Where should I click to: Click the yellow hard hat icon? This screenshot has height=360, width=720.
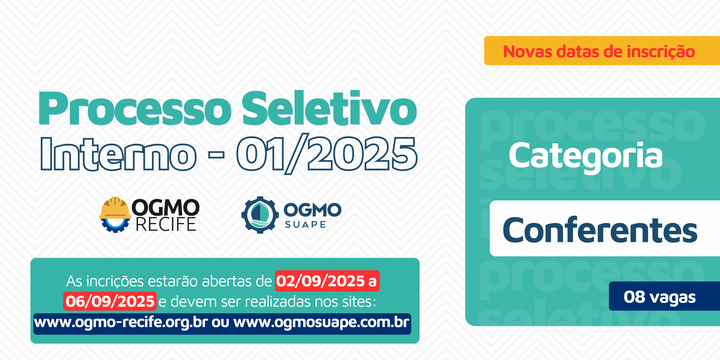115,208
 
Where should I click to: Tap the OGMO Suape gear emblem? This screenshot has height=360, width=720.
260,215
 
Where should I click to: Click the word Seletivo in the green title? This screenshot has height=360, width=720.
329,108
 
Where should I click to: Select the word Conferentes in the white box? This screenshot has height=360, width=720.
600,230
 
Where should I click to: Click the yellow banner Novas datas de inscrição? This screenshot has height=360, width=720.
602,51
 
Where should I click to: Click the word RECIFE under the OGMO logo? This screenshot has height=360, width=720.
166,224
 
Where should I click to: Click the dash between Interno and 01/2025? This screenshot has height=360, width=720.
216,155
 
